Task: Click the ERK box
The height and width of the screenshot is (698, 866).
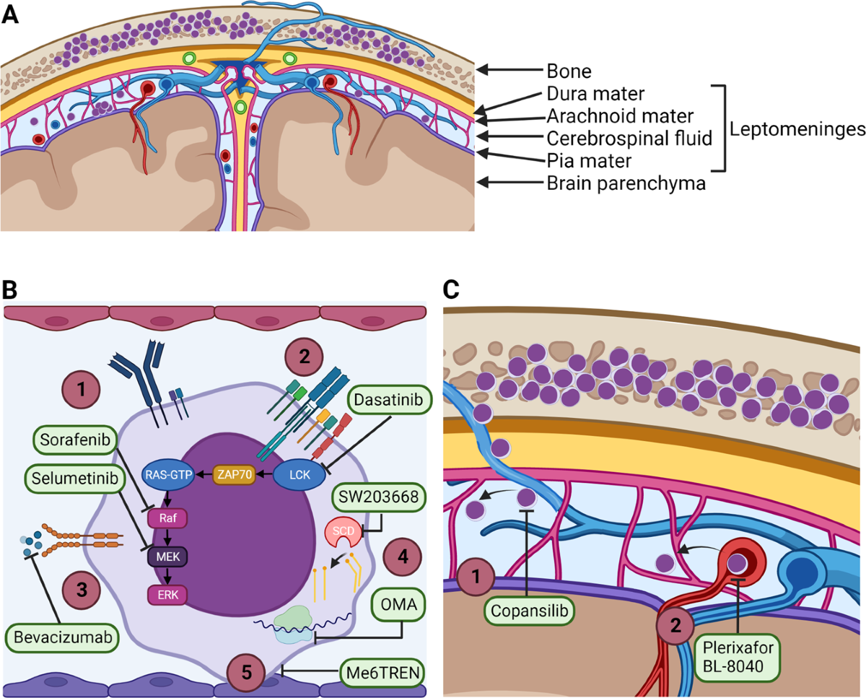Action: [x=166, y=593]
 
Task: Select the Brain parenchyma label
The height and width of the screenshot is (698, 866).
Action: [x=624, y=183]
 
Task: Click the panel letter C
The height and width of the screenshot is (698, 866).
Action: [x=450, y=291]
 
